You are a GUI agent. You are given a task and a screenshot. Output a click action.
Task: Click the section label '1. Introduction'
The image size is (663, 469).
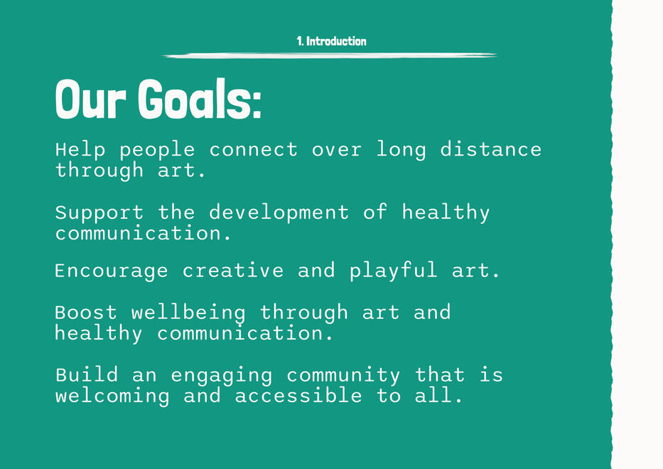[331, 41]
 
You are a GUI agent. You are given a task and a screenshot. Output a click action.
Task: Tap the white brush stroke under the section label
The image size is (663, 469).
[330, 55]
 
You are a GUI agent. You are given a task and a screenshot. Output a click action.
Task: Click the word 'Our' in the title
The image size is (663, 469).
[90, 99]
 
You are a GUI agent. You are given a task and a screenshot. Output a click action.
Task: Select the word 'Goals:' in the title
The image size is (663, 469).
[200, 99]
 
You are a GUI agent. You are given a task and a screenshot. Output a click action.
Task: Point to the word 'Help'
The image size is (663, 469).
[80, 149]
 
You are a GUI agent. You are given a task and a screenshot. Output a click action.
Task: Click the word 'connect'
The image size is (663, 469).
[253, 150]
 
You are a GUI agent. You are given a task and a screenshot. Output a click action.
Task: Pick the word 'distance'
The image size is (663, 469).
[490, 149]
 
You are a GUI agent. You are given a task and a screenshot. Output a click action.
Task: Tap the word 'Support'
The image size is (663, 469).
[99, 212]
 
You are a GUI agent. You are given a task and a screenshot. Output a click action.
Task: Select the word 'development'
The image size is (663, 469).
[279, 212]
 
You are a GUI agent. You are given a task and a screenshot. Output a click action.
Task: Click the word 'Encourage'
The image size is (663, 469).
[111, 271]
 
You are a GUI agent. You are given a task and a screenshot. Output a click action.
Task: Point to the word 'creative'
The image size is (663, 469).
[233, 270]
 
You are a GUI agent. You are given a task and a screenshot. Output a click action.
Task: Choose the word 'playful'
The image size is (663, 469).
[393, 271]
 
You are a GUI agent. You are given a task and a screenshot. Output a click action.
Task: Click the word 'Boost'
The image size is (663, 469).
[86, 313]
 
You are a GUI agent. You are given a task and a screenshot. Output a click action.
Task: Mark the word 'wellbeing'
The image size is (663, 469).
[188, 313]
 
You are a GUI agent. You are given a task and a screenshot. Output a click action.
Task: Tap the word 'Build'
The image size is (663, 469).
[87, 375]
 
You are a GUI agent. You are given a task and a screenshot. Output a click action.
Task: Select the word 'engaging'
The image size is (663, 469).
[222, 376]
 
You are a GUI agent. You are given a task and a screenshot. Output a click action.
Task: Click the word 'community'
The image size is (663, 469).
[343, 376]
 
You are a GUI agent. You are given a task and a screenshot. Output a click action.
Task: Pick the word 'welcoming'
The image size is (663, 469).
[112, 397]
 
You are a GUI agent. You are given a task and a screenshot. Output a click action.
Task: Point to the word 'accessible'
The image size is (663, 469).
[298, 396]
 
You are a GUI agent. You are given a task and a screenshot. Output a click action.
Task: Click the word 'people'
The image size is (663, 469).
[157, 151]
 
